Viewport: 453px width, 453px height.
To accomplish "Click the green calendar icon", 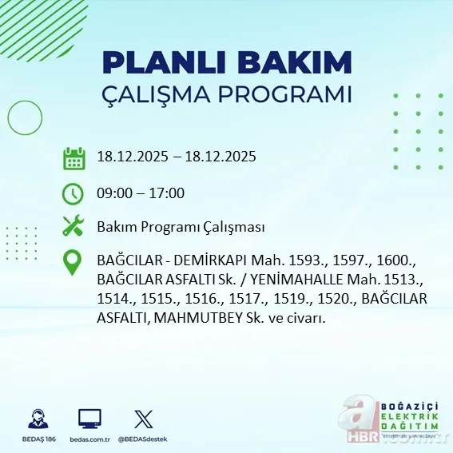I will (74, 157).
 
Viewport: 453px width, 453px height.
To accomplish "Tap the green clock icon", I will (74, 193).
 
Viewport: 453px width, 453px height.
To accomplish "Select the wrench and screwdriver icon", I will (74, 227).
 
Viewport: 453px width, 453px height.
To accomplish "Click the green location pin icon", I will (74, 263).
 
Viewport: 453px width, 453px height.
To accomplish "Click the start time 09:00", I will (113, 193).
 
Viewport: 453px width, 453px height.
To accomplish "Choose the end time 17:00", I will (168, 193).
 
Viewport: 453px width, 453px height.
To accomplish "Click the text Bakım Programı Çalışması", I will (181, 227).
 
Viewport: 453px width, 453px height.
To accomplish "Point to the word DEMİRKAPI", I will (201, 261).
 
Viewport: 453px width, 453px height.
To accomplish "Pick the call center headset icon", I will (35, 419).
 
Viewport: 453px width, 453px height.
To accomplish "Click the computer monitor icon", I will (89, 419).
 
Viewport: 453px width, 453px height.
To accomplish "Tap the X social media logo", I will (142, 419).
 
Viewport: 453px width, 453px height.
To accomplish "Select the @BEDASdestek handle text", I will (142, 439).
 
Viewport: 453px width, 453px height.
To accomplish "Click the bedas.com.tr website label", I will (89, 439).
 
